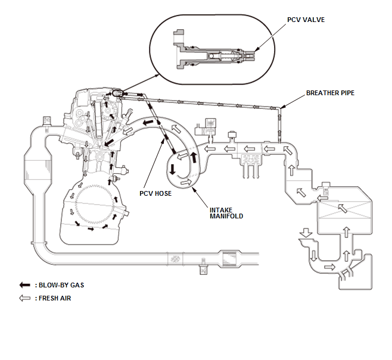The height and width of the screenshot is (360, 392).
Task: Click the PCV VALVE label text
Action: [306, 20]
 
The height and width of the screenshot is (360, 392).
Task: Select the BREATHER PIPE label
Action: [330, 93]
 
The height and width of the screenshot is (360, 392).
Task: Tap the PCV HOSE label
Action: [155, 193]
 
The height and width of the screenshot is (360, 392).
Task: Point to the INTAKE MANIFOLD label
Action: [226, 213]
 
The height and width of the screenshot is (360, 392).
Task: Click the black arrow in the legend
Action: [25, 285]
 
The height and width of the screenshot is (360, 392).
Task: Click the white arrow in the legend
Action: [25, 298]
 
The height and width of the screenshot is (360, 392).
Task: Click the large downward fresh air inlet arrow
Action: [306, 233]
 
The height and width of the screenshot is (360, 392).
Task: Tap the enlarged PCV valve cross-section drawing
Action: [214, 50]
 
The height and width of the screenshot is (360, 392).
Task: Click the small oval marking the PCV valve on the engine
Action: [117, 93]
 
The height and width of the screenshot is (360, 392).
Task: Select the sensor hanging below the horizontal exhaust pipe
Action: [204, 267]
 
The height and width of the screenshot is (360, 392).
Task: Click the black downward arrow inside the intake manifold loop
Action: [172, 169]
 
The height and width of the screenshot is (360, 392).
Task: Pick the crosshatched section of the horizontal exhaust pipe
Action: [175, 259]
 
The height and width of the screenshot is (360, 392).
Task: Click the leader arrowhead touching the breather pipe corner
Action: [282, 107]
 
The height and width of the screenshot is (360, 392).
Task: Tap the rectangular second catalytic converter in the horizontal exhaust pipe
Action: [229, 259]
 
